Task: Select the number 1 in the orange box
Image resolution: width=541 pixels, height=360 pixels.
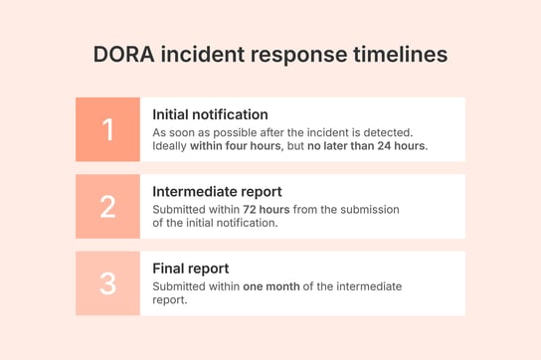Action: tap(107, 129)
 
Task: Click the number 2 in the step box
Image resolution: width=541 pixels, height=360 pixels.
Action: tap(107, 206)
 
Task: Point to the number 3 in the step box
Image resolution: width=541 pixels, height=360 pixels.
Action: tap(107, 283)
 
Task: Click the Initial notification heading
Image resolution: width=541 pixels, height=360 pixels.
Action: tap(210, 114)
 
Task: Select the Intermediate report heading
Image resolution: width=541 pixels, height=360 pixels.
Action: tap(217, 191)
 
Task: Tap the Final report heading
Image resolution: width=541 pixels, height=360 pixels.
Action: tap(190, 269)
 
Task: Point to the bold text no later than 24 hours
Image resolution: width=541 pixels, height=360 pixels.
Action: tap(367, 146)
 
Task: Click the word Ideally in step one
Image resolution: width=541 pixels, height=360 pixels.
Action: tap(169, 146)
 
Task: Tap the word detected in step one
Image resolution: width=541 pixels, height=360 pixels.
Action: tap(386, 132)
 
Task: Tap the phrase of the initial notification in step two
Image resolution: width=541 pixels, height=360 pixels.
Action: tap(215, 223)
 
